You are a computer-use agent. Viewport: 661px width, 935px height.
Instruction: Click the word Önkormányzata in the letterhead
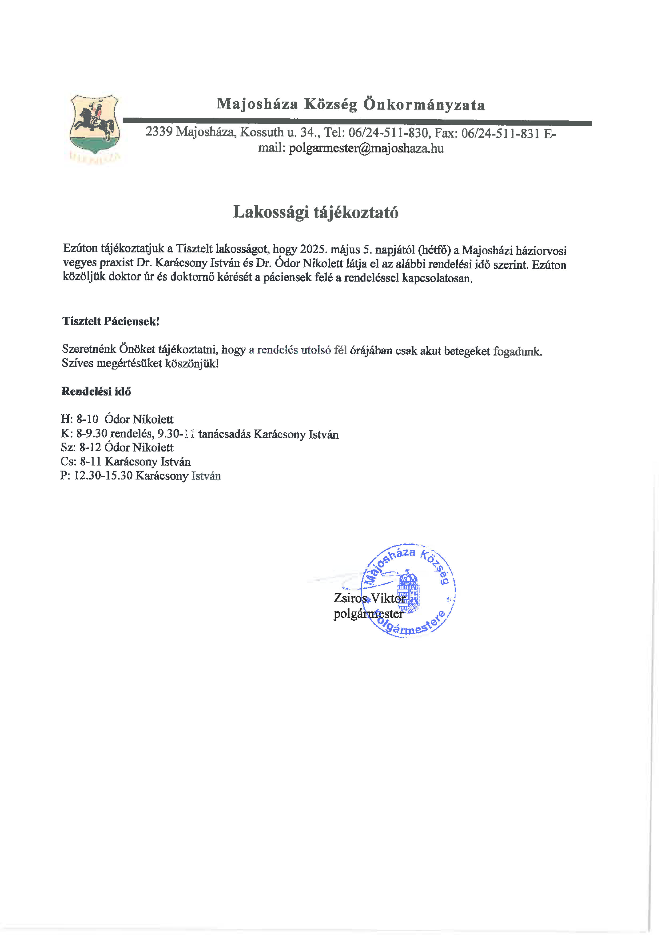(424, 105)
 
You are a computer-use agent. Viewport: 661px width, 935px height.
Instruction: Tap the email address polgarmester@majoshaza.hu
(366, 148)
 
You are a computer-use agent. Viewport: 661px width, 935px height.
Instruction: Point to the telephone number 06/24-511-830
(388, 133)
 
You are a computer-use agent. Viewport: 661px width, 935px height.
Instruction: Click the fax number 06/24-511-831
(500, 134)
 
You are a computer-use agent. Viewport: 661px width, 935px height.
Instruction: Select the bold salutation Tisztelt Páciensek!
(111, 321)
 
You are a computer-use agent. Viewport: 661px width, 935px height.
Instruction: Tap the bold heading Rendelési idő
(96, 391)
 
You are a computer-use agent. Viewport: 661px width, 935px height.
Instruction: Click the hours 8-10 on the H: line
(87, 419)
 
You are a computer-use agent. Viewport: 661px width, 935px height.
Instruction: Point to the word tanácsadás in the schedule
(224, 434)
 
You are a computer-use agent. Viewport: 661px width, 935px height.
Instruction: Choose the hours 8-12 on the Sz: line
(90, 448)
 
